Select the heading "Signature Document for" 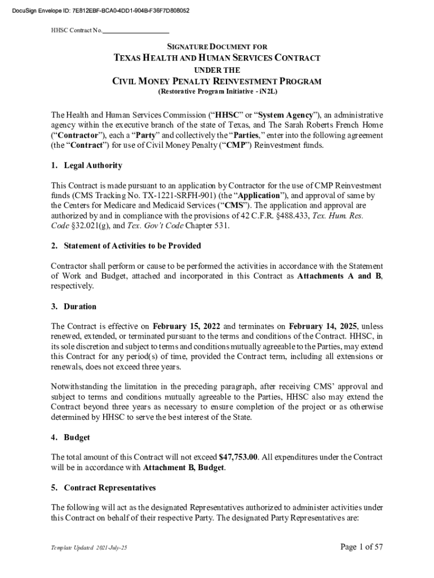[217, 46]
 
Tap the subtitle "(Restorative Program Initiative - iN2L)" [217, 91]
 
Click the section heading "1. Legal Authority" [86, 166]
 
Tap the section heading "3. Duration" [73, 306]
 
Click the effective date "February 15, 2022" [187, 326]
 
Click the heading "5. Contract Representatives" [103, 487]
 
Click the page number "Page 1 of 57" [361, 546]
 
